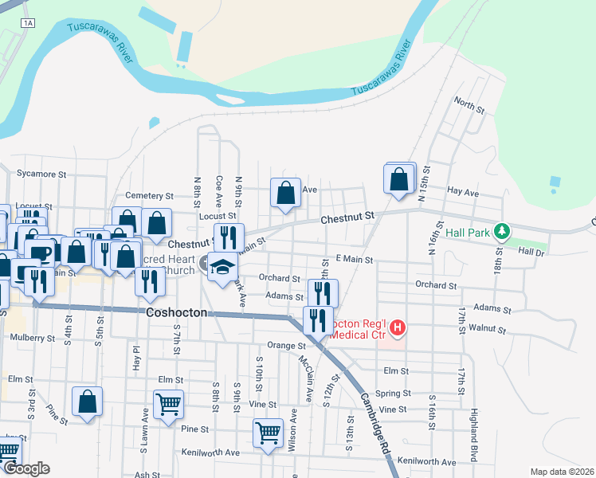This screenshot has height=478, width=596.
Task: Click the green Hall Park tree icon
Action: coord(501,232)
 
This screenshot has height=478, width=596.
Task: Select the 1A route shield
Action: coord(29,23)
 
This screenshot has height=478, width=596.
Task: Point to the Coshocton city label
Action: coord(177,313)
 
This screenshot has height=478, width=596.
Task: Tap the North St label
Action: coord(469,105)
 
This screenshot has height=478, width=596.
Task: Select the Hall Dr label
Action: coord(530,251)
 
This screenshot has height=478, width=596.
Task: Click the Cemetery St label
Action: coord(150,195)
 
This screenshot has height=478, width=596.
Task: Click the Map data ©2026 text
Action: coord(562,472)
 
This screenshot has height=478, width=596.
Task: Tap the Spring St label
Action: coord(393,393)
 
